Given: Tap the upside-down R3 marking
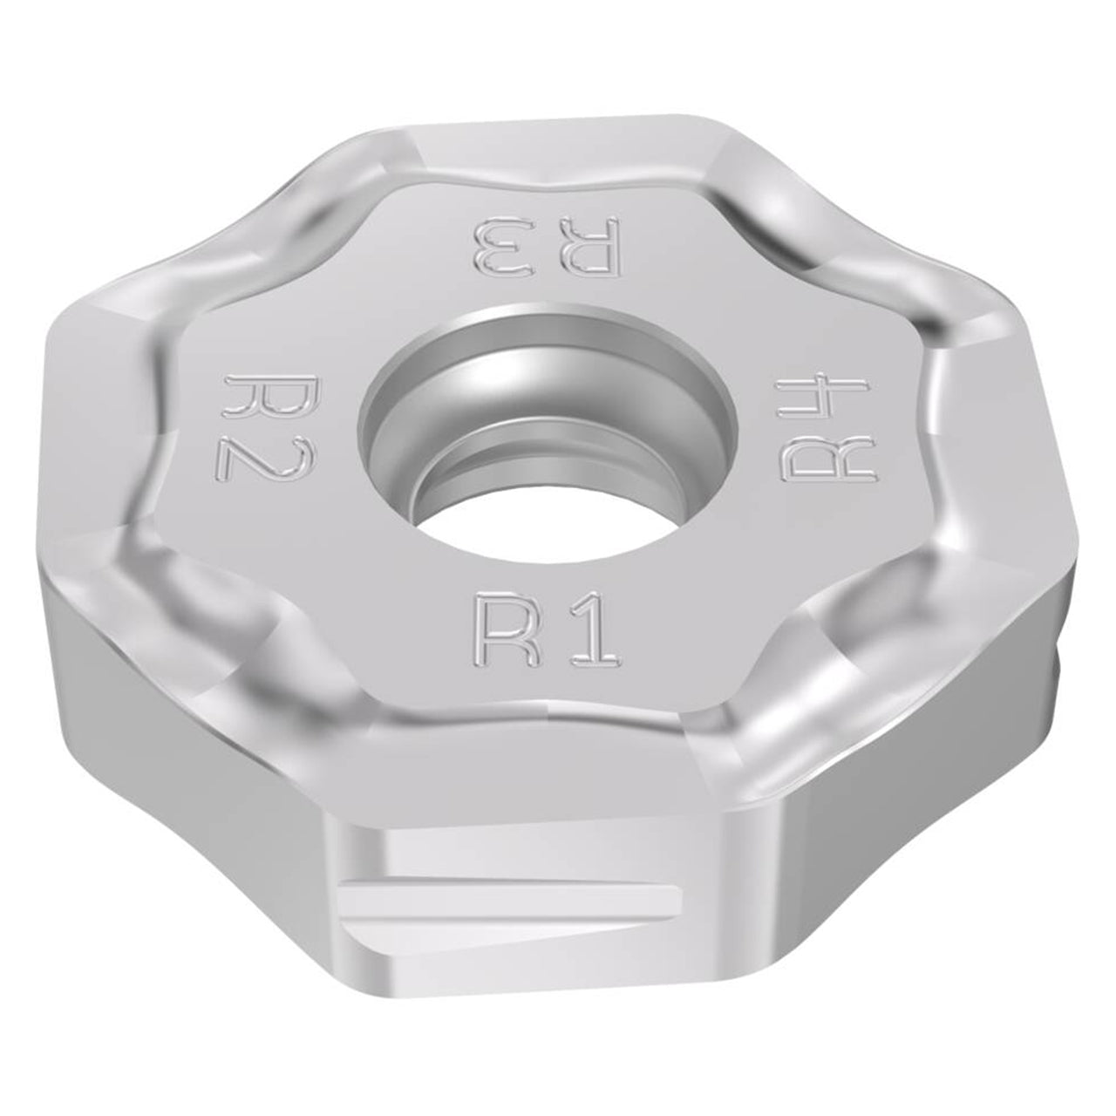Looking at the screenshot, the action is point(548,245).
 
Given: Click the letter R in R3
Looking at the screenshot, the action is point(590,245).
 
